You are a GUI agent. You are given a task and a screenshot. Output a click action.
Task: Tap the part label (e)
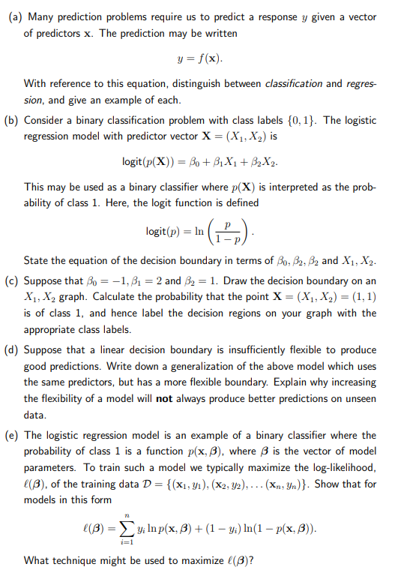(13, 435)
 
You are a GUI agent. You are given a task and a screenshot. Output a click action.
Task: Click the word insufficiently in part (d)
(247, 350)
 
